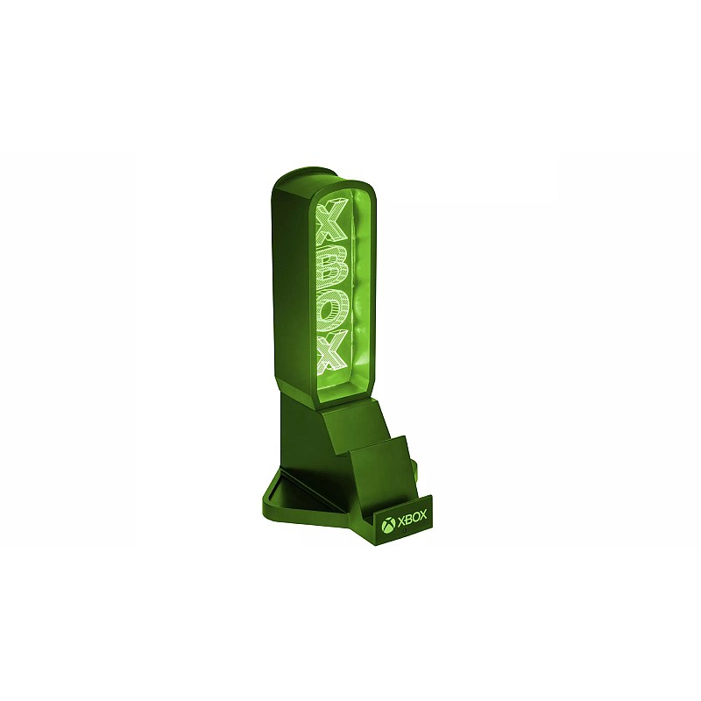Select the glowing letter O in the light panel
332,308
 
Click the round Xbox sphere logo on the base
388,525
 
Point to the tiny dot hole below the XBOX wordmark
404,531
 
